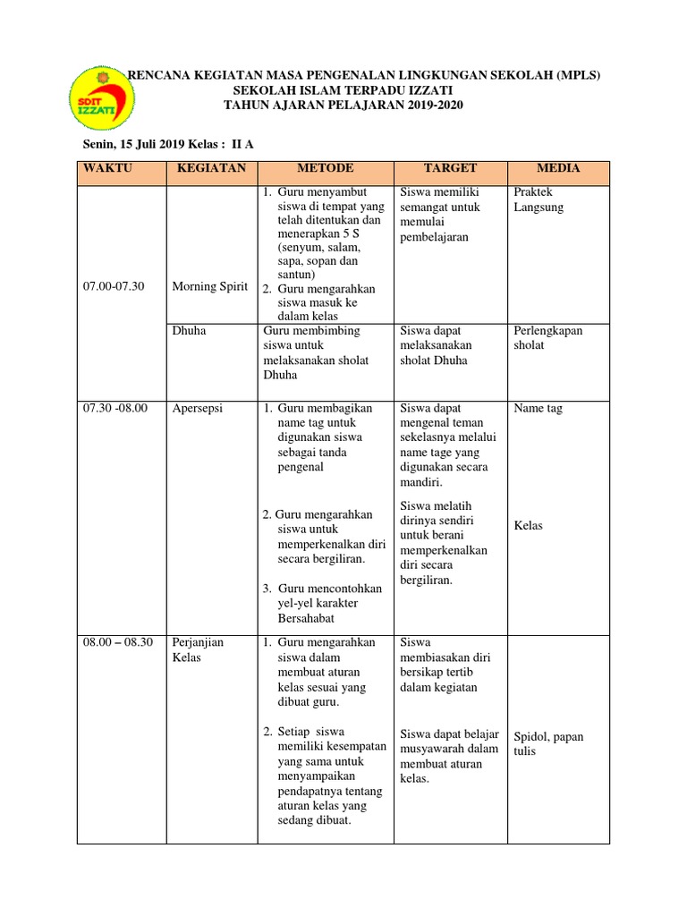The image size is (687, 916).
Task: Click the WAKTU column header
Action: click(104, 168)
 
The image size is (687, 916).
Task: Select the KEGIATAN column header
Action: click(211, 168)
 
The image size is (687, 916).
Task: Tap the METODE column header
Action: click(325, 168)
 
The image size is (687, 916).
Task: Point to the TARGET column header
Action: click(451, 168)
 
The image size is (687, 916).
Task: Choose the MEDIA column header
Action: click(558, 168)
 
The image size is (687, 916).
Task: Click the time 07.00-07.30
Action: click(114, 286)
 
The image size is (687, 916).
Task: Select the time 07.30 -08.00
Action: click(115, 408)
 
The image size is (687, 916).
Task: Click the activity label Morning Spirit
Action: click(210, 286)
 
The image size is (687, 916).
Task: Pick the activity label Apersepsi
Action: click(199, 408)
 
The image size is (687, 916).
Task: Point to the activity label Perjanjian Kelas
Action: click(199, 650)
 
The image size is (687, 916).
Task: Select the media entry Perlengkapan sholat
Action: click(548, 337)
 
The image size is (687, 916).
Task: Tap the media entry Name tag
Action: click(539, 408)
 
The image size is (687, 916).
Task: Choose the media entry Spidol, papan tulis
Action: click(548, 743)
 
